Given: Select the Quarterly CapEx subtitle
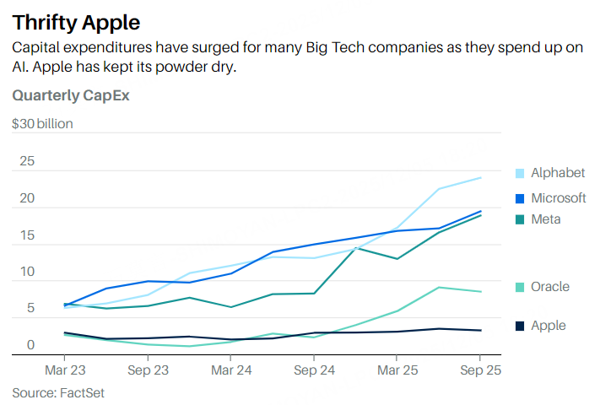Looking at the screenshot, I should (70, 95).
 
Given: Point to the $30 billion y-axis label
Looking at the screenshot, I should (42, 124).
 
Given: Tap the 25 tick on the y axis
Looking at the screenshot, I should (27, 161).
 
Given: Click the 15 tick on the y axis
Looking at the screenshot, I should (27, 235).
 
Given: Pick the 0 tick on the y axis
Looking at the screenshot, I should (30, 345).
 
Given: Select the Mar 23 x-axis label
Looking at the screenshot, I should (64, 370).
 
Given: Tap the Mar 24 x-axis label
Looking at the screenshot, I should (230, 370).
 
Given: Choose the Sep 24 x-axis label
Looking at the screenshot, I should (313, 370).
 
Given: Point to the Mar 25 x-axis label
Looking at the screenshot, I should (397, 370).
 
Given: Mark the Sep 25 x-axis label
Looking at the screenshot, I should (480, 370).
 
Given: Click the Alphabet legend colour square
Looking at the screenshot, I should (521, 174).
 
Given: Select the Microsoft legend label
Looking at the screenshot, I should (558, 198).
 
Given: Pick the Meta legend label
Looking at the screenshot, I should (545, 219).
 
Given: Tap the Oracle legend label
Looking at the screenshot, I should (549, 287).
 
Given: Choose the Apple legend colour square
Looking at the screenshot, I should (521, 326).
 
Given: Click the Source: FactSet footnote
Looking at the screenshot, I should (57, 392).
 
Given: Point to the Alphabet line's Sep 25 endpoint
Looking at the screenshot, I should (481, 177).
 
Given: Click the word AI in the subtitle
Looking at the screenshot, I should (21, 67).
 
